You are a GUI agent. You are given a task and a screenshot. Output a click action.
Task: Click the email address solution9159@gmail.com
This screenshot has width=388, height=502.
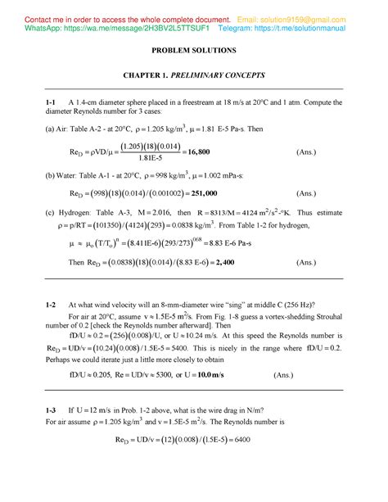pyautogui.click(x=328, y=18)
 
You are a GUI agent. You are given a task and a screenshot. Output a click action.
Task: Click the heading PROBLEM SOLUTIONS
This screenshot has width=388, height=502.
pyautogui.click(x=193, y=51)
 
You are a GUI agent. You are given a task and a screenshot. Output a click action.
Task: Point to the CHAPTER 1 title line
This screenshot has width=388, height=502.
pyautogui.click(x=194, y=75)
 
